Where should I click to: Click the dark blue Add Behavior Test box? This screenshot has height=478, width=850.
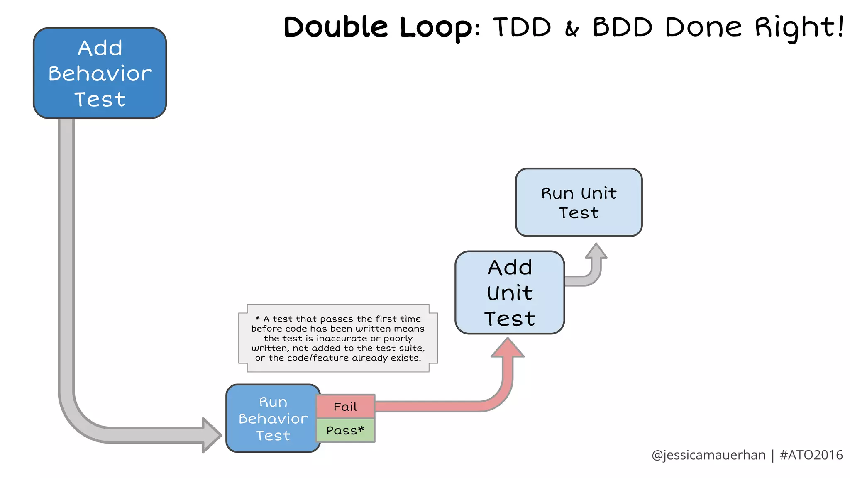coord(100,73)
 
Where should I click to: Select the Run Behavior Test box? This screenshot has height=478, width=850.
coord(273,418)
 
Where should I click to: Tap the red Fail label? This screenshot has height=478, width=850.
coord(345,407)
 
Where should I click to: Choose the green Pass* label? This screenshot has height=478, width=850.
coord(345,431)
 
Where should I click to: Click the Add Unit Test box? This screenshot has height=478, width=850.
coord(510,293)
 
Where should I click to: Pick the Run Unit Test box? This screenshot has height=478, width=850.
coord(579,202)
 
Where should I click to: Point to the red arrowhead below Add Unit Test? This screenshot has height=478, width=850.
coord(508,348)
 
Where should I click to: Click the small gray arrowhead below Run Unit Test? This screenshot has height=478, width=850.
coord(596,251)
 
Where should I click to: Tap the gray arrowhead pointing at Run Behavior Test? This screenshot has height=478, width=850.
coord(212,435)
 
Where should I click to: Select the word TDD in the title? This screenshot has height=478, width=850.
coord(522,27)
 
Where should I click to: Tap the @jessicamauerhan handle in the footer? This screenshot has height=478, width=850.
coord(708,455)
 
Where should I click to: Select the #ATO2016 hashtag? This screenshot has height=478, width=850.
coord(811,455)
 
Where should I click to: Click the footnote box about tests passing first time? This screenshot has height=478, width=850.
coord(338,338)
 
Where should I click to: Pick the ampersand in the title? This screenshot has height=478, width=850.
coord(572,29)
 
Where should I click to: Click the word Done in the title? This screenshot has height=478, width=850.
coord(703,27)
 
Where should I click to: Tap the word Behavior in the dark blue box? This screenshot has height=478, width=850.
coord(100,74)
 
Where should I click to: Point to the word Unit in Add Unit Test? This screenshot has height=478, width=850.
coord(510,293)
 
